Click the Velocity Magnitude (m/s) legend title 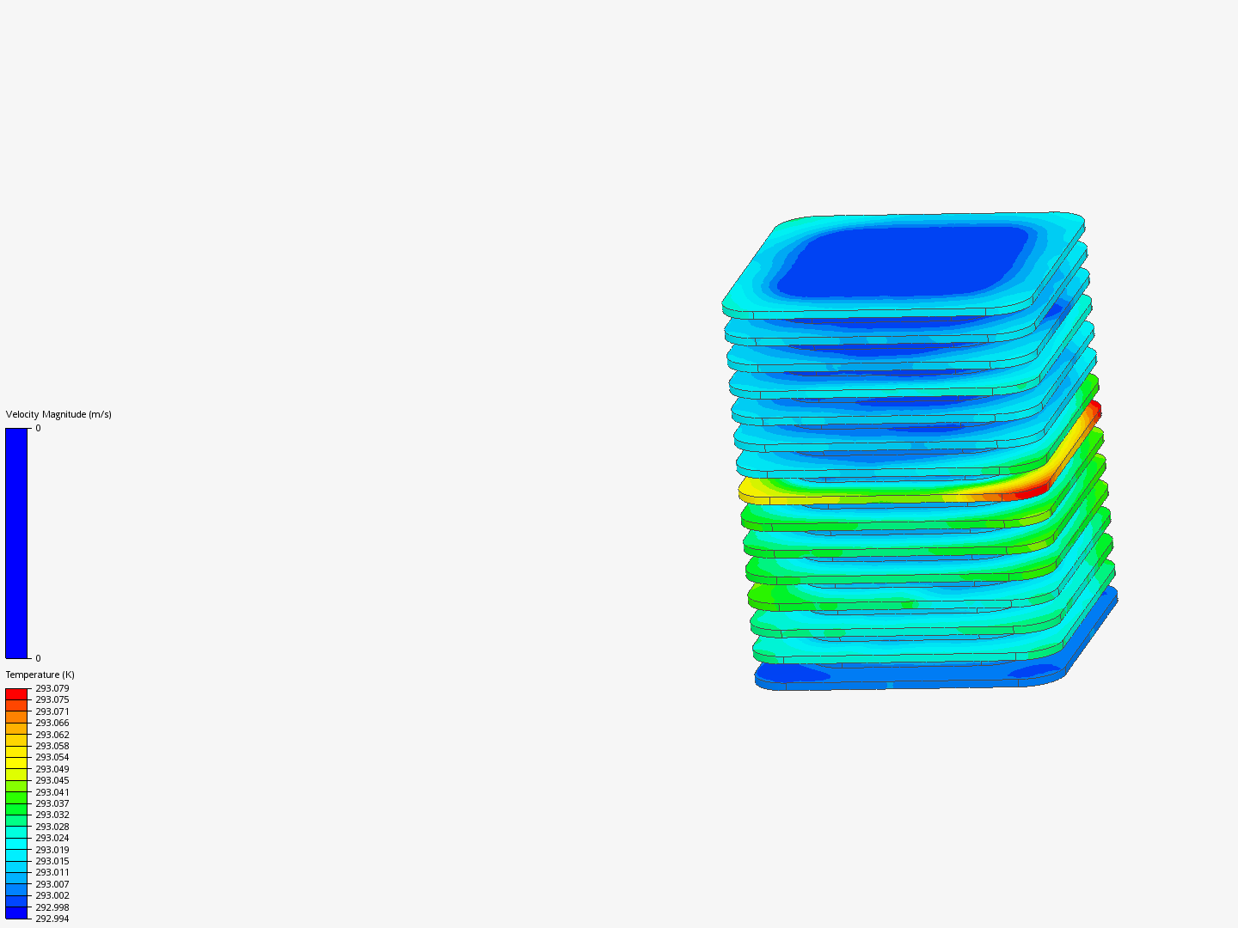tap(58, 414)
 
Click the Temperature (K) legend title tap(40, 675)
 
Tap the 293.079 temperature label tap(52, 688)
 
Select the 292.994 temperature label tap(52, 919)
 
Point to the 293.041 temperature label tap(52, 792)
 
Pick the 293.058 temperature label tap(52, 746)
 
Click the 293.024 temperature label tap(52, 838)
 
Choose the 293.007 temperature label tap(52, 884)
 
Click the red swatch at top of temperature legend tap(16, 693)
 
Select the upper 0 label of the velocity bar tap(38, 428)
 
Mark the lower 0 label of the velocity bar tap(38, 658)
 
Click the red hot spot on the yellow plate tap(1032, 491)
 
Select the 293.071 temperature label tap(52, 711)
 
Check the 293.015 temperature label tap(52, 861)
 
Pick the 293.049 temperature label tap(52, 769)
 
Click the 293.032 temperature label tap(52, 815)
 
